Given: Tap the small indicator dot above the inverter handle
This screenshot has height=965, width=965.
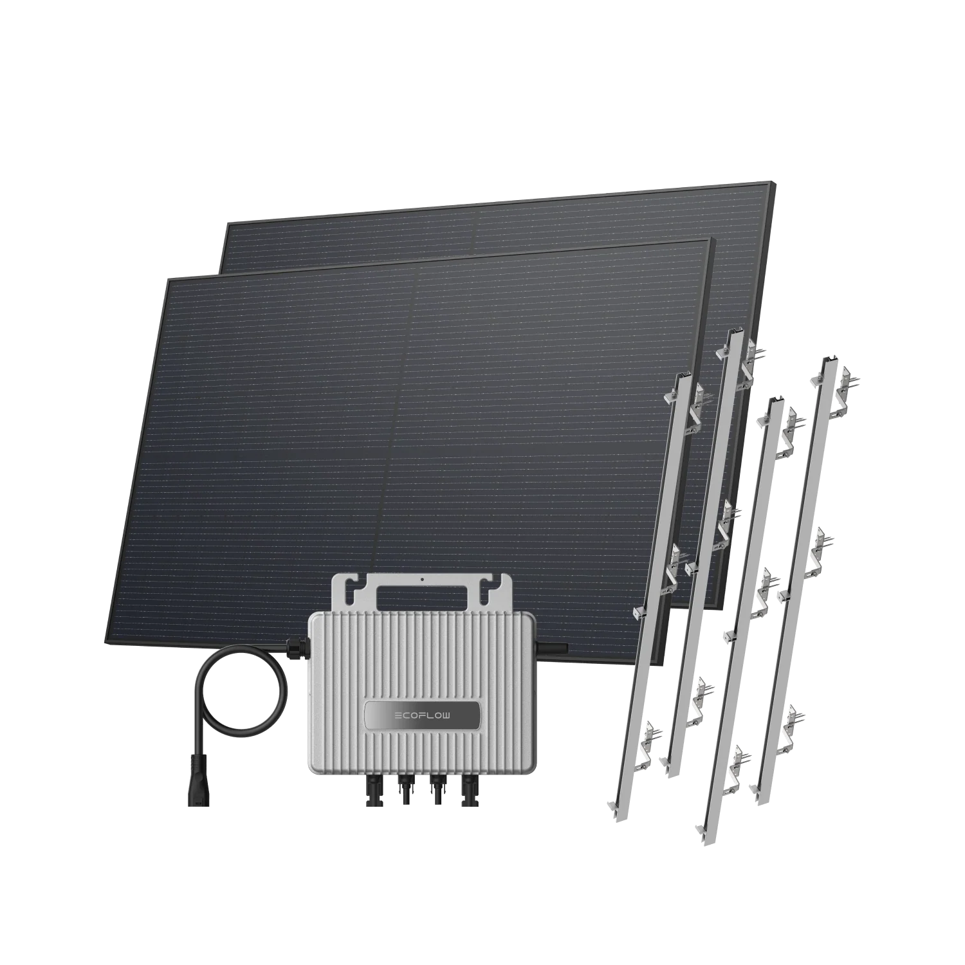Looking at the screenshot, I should pyautogui.click(x=423, y=579).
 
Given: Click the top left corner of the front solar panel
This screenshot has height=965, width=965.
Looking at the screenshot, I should pyautogui.click(x=168, y=280).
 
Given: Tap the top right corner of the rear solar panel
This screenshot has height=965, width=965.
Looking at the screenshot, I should pyautogui.click(x=774, y=184).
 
